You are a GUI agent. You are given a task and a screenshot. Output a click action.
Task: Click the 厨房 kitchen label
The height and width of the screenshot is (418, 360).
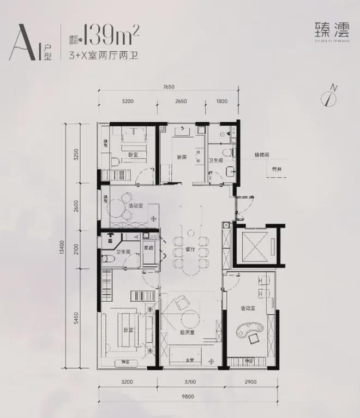pos(183,158)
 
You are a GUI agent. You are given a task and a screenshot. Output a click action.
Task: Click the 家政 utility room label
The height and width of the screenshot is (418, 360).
pos(148,247)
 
